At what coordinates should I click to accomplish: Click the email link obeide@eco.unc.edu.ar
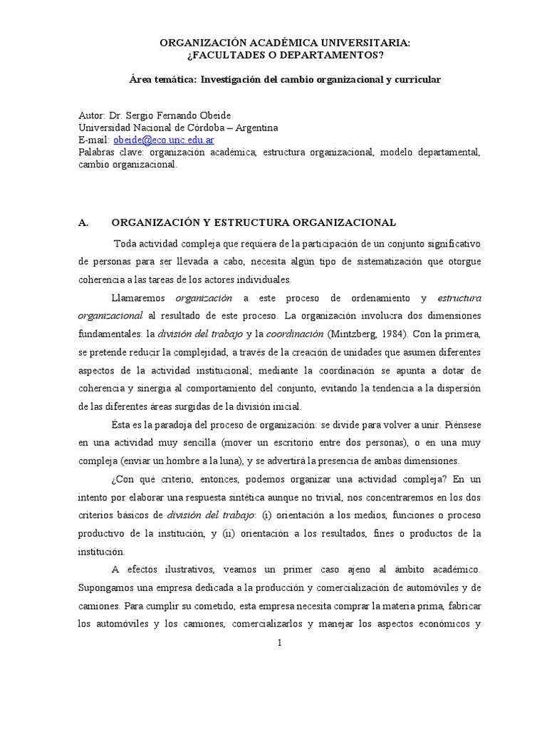click(154, 140)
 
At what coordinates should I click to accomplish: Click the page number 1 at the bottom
click(280, 642)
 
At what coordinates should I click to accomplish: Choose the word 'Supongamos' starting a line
click(104, 588)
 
